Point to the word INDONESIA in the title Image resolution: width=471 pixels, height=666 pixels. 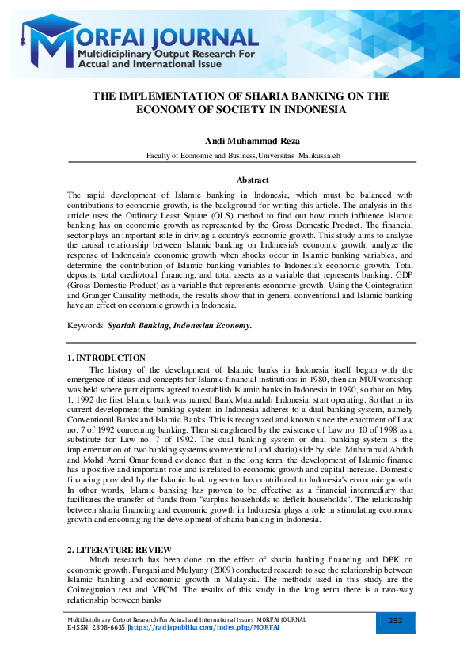click(x=310, y=110)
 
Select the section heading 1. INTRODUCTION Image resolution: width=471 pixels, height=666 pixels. click(x=106, y=358)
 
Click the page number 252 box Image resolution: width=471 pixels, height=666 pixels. click(x=397, y=621)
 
